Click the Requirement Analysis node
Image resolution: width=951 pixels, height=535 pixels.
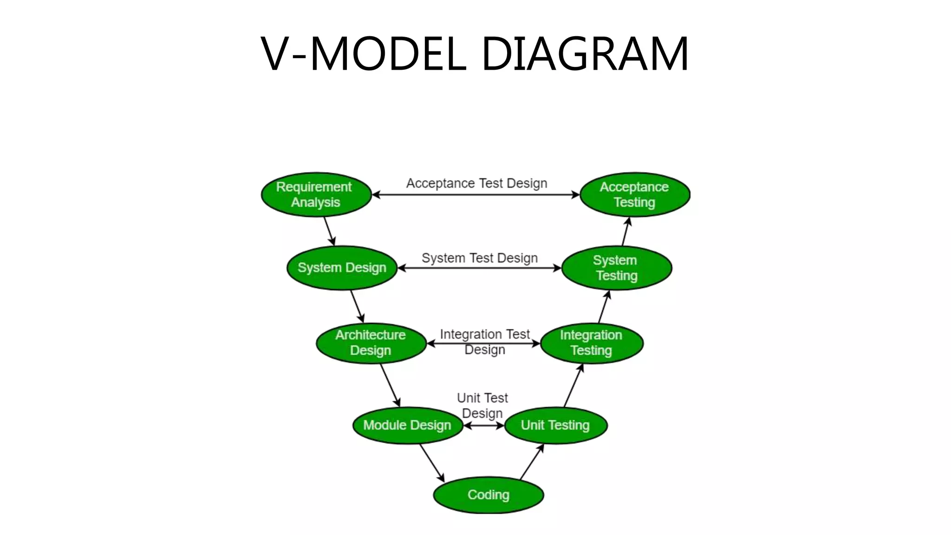click(x=316, y=195)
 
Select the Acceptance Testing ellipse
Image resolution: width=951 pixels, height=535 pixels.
click(x=634, y=195)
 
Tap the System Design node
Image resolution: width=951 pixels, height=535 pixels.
click(x=342, y=268)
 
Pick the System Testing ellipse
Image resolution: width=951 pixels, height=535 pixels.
click(x=616, y=268)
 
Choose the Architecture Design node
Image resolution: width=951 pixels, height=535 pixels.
click(x=371, y=343)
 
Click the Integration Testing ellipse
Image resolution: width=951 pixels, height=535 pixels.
click(x=591, y=343)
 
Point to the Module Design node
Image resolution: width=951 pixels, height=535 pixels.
click(x=407, y=425)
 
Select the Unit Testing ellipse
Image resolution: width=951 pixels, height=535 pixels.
click(x=555, y=425)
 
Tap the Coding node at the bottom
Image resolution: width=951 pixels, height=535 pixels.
click(x=488, y=495)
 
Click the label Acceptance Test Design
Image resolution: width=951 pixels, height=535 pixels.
click(x=476, y=183)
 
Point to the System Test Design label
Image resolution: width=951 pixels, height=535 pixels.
click(x=479, y=258)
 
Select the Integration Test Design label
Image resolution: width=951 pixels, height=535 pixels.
click(x=484, y=341)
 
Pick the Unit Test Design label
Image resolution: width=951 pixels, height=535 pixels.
click(x=482, y=405)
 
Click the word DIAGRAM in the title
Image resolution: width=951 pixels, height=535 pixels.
click(x=585, y=54)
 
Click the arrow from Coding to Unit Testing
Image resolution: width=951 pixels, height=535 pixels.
click(x=532, y=462)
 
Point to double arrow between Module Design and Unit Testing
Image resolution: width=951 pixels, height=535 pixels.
click(x=483, y=425)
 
